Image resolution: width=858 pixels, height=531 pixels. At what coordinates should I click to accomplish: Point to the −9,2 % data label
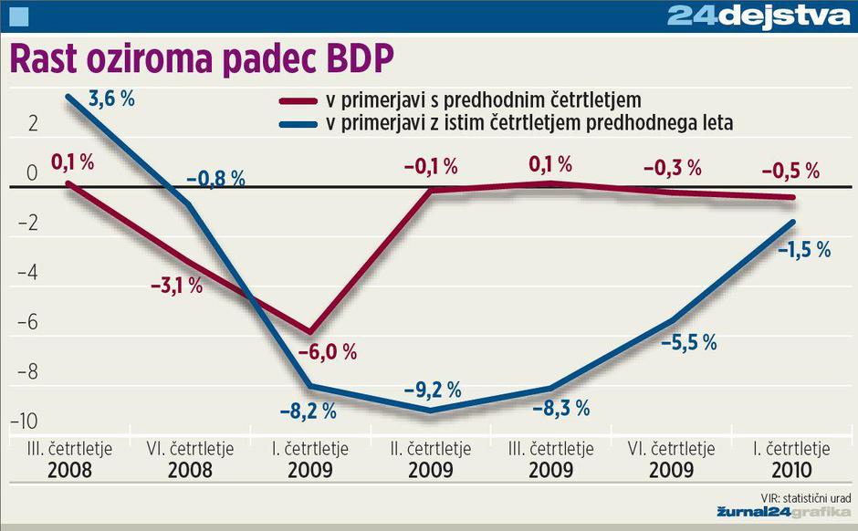coord(433,390)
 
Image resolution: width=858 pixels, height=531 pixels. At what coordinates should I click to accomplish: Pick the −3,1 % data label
coord(176,286)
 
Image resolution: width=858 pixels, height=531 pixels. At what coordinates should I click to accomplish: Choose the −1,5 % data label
coord(803,249)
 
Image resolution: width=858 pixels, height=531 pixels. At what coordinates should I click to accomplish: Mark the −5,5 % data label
coord(689,342)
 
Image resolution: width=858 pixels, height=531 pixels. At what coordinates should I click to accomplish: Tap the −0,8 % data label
coord(216,180)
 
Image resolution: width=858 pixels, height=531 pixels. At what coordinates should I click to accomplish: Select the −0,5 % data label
coord(791,171)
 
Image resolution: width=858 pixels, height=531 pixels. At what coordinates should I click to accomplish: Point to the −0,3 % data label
coord(673,168)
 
